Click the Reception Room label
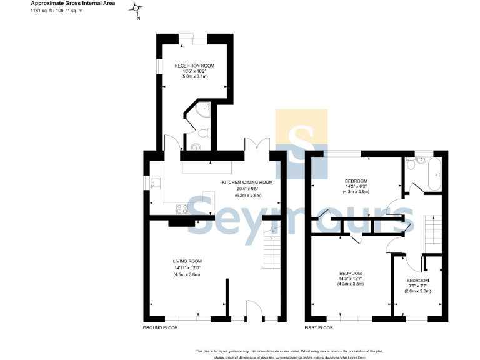194,66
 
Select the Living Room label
187,261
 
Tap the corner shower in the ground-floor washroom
202,111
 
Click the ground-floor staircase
271,250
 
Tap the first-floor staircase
432,232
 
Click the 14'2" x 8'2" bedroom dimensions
356,186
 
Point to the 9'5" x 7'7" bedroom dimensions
417,286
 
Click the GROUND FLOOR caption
161,327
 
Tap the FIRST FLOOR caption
319,327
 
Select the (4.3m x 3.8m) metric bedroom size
351,284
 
